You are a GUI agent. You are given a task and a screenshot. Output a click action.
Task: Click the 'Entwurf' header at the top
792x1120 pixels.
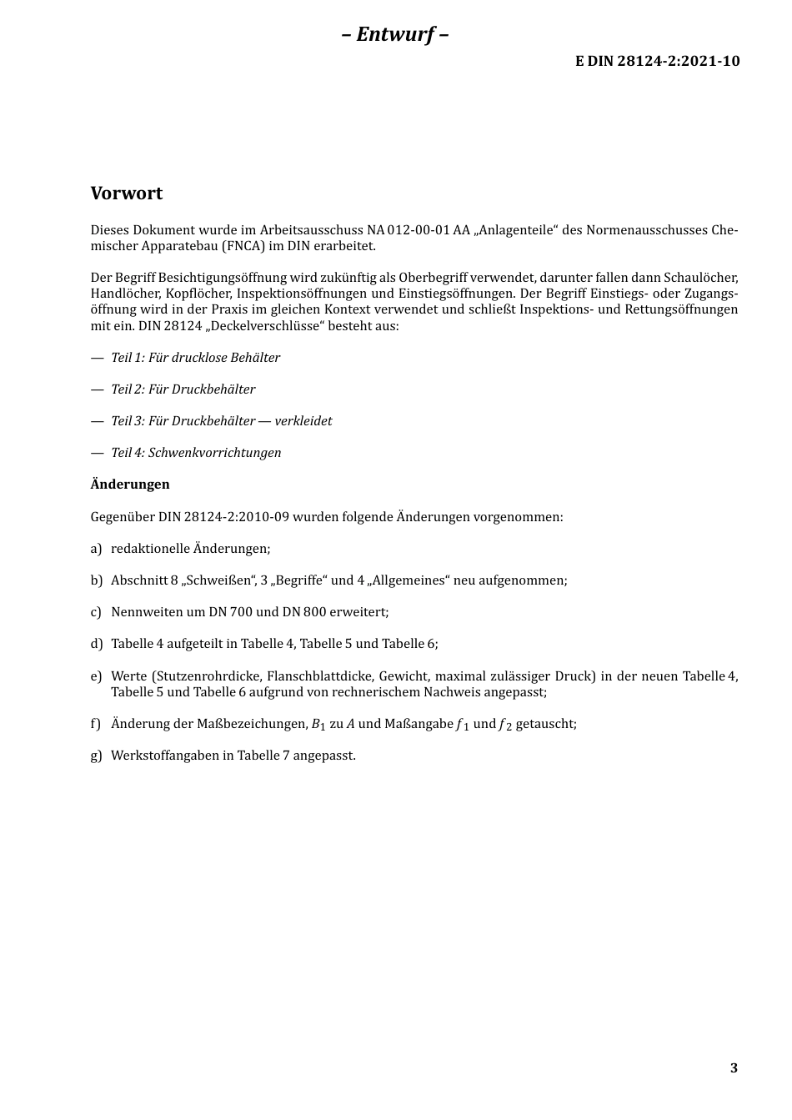(x=395, y=34)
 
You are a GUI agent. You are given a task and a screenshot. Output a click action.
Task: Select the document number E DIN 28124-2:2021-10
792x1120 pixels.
(x=657, y=61)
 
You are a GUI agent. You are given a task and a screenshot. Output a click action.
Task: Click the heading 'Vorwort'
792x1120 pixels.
(x=127, y=193)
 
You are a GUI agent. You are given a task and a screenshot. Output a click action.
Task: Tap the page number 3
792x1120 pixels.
(x=734, y=1068)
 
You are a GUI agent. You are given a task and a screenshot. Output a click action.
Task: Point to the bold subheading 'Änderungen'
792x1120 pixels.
(x=130, y=485)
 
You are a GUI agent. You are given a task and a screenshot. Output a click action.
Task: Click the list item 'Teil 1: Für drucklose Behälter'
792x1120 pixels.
(x=195, y=358)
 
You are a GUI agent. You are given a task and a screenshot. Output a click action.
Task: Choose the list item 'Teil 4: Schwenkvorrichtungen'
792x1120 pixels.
(x=196, y=453)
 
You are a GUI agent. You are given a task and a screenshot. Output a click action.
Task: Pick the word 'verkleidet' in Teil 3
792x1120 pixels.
(x=303, y=421)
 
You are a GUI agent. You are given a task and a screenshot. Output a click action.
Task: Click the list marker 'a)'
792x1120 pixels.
(x=96, y=549)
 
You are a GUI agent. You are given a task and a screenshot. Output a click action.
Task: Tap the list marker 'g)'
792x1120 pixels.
(x=96, y=756)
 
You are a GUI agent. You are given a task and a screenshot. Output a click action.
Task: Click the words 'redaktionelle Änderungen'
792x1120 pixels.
(x=190, y=549)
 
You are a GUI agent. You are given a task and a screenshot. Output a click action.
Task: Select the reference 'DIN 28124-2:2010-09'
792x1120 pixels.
(x=223, y=517)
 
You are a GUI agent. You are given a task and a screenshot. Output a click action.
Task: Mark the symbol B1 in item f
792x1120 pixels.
(x=318, y=725)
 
